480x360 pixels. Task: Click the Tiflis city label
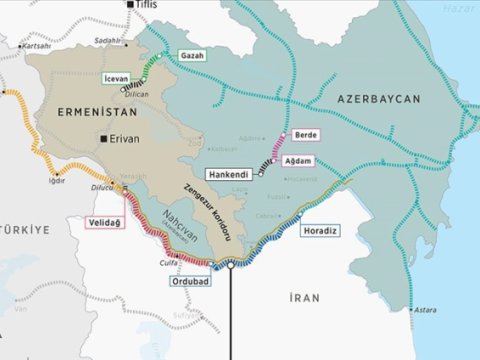tap(147, 6)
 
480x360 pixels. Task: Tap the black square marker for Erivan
tap(103, 140)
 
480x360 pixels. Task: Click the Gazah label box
tap(191, 54)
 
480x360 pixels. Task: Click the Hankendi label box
tap(235, 172)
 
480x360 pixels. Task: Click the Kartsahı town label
tap(36, 45)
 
